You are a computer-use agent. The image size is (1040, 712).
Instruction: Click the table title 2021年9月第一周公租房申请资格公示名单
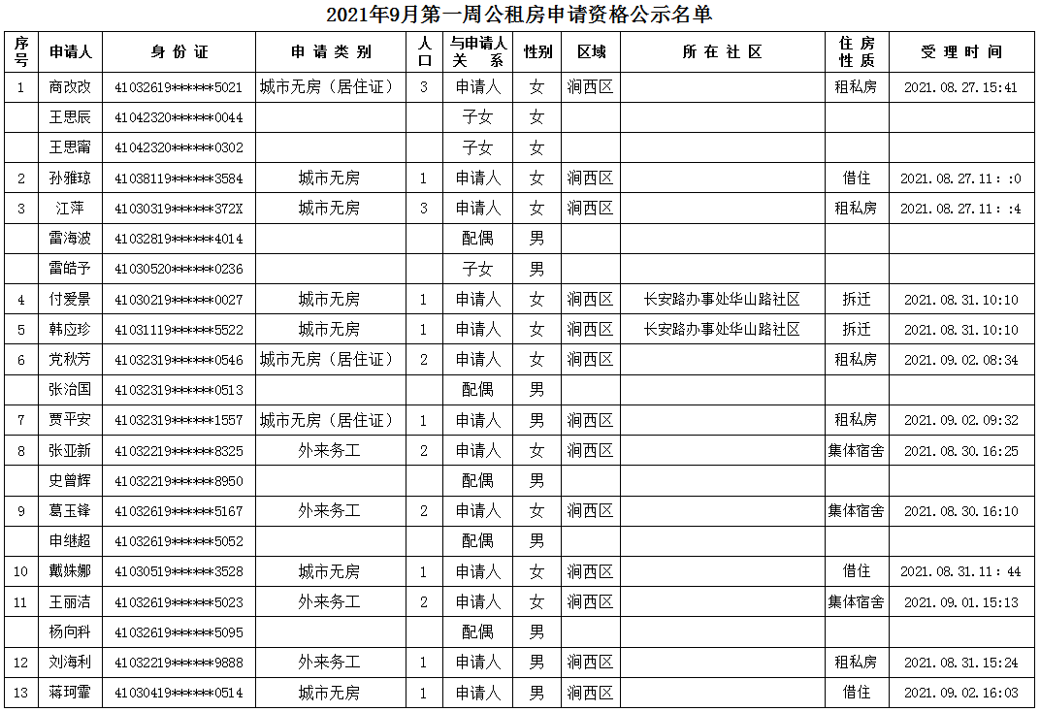tap(519, 15)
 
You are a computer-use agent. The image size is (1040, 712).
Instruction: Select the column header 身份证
tap(179, 52)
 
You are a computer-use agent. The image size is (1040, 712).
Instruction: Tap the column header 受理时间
tap(960, 52)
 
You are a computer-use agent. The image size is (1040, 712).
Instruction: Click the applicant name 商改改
tap(70, 87)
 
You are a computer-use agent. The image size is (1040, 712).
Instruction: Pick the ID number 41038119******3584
tap(179, 178)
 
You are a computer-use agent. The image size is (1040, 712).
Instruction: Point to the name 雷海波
tap(70, 239)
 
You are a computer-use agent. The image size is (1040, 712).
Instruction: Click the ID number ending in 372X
tap(179, 209)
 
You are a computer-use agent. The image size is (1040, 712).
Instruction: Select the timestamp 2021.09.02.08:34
tap(960, 360)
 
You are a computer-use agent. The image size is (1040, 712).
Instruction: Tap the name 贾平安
tap(70, 420)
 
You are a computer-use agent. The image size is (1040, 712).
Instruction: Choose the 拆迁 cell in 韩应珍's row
tap(856, 330)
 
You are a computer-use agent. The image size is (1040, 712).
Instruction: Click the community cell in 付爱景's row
tap(722, 300)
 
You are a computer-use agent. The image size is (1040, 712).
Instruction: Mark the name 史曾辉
tap(70, 480)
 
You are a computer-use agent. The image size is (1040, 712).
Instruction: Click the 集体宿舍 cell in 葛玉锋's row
tap(856, 511)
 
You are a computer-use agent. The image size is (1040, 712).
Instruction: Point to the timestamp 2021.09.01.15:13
tap(960, 602)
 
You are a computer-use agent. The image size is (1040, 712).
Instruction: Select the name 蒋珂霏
tap(70, 693)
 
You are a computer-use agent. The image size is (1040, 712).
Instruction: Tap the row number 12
tap(21, 663)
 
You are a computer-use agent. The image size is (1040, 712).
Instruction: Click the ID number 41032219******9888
tap(179, 663)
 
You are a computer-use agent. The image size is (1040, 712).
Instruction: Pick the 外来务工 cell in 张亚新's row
tap(329, 451)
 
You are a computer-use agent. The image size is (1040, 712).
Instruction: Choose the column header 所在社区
tap(722, 52)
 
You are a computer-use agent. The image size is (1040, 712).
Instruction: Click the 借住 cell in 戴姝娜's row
tap(856, 572)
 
